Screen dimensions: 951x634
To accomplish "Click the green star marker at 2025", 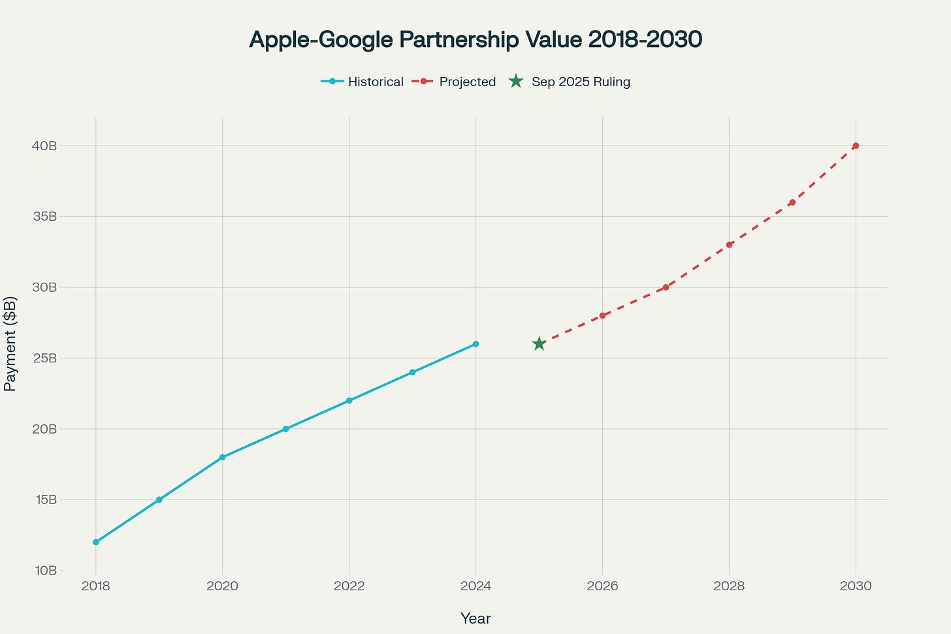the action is (x=539, y=343).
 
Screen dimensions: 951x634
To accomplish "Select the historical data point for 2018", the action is (x=96, y=542).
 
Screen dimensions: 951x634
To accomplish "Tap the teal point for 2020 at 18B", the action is (x=223, y=457).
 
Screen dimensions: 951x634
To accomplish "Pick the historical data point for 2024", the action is (x=475, y=343).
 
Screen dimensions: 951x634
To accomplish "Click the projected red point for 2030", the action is (x=856, y=146).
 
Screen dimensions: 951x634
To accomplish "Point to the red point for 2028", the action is (x=729, y=245).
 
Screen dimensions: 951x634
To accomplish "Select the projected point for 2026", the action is (x=602, y=315).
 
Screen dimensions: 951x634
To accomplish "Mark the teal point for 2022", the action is (x=349, y=400).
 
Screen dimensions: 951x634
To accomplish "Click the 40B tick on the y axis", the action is (x=44, y=146).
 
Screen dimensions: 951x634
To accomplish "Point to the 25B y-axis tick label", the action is (x=44, y=358).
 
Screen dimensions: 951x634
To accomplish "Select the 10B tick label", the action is (x=44, y=571).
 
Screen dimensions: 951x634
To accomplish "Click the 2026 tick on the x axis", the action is (x=602, y=586).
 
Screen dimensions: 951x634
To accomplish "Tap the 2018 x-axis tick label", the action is (x=96, y=586).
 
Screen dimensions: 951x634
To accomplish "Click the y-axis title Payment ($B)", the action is (x=10, y=343).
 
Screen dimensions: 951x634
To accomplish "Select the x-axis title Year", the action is (x=475, y=618).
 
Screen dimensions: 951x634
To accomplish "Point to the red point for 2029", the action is (x=792, y=202).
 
